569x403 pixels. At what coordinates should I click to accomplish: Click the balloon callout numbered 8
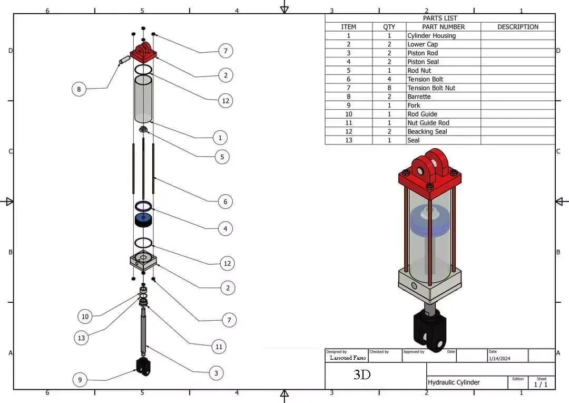pyautogui.click(x=79, y=89)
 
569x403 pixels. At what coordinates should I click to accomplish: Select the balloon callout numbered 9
pyautogui.click(x=80, y=379)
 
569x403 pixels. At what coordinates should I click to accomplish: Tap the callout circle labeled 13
pyautogui.click(x=81, y=338)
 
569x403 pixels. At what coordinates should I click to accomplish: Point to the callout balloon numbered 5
pyautogui.click(x=222, y=157)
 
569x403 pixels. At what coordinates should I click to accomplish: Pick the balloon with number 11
pyautogui.click(x=219, y=347)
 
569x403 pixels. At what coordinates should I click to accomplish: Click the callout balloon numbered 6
pyautogui.click(x=225, y=201)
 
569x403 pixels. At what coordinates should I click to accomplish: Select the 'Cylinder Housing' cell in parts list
pyautogui.click(x=431, y=36)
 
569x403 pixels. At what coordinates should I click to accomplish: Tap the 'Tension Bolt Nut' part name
pyautogui.click(x=431, y=88)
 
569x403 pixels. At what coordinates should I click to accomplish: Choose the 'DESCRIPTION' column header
pyautogui.click(x=517, y=27)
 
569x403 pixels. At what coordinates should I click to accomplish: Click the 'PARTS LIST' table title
pyautogui.click(x=440, y=18)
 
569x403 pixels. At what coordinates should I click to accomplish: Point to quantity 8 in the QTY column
pyautogui.click(x=389, y=88)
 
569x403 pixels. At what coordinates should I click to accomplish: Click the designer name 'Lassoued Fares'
pyautogui.click(x=348, y=358)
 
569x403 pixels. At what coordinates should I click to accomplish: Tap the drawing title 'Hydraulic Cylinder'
pyautogui.click(x=453, y=382)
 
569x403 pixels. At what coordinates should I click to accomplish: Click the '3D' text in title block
pyautogui.click(x=362, y=375)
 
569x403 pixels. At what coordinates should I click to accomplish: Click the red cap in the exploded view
pyautogui.click(x=143, y=53)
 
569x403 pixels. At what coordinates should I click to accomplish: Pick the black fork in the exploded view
pyautogui.click(x=143, y=366)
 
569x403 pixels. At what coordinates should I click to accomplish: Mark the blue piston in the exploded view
pyautogui.click(x=143, y=219)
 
